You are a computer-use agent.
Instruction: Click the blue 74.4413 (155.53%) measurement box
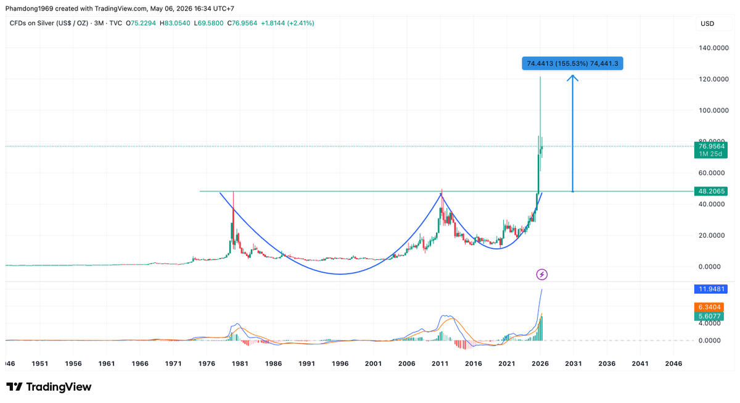pos(572,64)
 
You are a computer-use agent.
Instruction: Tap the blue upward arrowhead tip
pos(572,75)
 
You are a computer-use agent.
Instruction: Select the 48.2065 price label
pos(710,191)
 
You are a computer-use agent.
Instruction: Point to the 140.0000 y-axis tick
pos(713,48)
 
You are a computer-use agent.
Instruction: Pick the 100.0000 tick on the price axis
pos(713,110)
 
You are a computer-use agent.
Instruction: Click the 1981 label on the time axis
pos(240,364)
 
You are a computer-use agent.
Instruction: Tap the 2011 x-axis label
pos(440,364)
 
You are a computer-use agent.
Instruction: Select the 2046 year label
pos(673,364)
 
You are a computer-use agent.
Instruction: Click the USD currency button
pos(708,24)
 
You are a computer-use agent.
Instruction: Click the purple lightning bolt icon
pos(542,275)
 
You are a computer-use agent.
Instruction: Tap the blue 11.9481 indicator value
pos(711,289)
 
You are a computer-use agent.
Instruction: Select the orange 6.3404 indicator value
pos(709,307)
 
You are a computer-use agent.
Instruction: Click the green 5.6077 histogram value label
pos(709,316)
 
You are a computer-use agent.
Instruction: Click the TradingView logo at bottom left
pos(49,387)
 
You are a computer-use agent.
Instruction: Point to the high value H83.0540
pos(175,23)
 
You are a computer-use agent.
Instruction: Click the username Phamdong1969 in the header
pos(30,8)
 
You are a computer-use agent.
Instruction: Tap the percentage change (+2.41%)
pos(301,23)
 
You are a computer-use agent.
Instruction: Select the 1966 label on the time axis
pos(140,364)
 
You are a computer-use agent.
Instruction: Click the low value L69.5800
pos(208,23)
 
